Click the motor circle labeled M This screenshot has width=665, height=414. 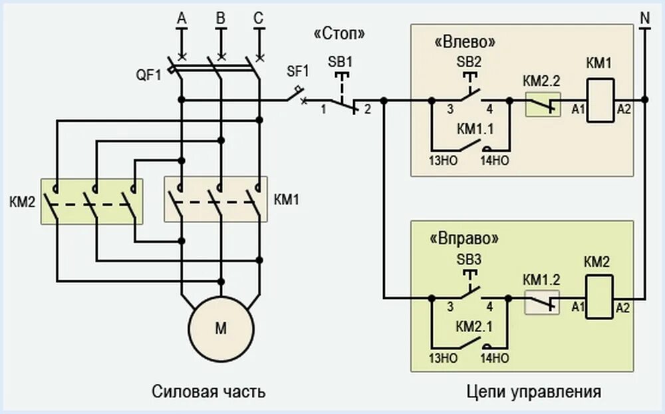(x=221, y=328)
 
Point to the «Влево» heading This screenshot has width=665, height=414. (x=465, y=41)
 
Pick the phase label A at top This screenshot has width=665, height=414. (x=181, y=19)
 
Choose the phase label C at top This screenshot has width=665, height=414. (x=259, y=19)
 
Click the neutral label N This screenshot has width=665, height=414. (x=644, y=19)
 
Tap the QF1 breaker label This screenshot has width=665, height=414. (x=150, y=75)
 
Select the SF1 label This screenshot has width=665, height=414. (x=297, y=71)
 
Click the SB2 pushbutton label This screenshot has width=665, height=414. (x=469, y=61)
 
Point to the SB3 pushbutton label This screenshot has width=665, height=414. (x=469, y=258)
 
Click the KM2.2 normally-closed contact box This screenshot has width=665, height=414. (x=543, y=104)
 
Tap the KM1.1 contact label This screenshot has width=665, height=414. (x=475, y=128)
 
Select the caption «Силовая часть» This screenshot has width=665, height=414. (x=209, y=391)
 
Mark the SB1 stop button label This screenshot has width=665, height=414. (x=340, y=61)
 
